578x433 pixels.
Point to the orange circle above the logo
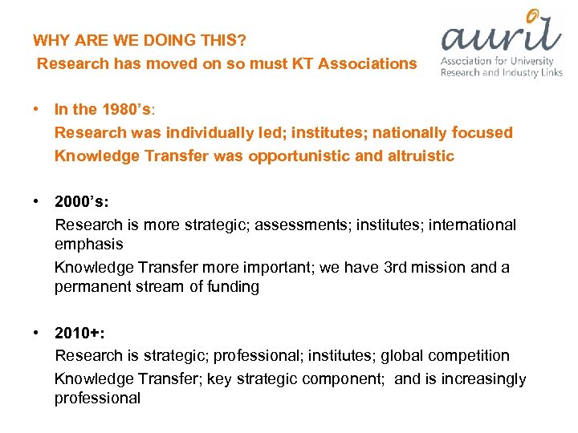tap(533, 14)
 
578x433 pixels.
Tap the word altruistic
tap(420, 156)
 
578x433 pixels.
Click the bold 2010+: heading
tap(77, 333)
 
